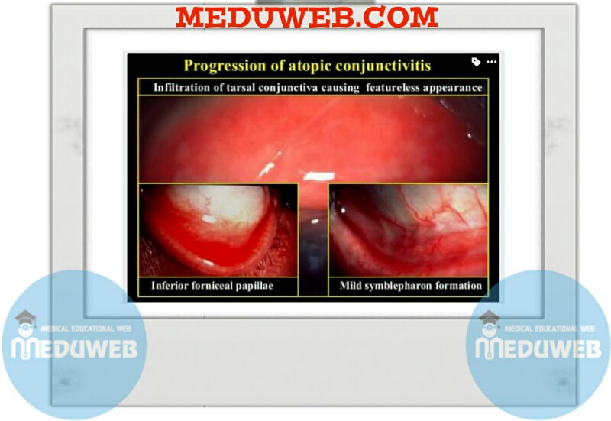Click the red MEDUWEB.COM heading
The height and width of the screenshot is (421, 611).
[x=306, y=16]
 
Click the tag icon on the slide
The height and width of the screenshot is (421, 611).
[x=476, y=61]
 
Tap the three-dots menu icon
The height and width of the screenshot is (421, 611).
[x=491, y=61]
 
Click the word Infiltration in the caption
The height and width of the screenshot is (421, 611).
[x=186, y=87]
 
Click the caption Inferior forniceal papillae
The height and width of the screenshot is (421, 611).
[x=212, y=287]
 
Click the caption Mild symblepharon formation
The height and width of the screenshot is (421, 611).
[x=410, y=287]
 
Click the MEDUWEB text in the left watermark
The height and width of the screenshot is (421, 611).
[x=75, y=348]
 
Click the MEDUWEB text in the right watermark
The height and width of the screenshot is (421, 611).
[x=538, y=348]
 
